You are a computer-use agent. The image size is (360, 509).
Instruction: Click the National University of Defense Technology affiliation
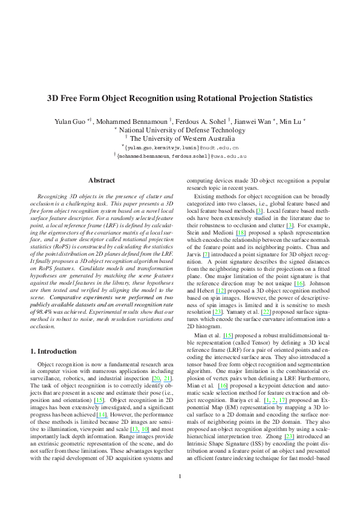pyautogui.click(x=180, y=129)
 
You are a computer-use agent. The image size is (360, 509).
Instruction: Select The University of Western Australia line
pyautogui.click(x=180, y=138)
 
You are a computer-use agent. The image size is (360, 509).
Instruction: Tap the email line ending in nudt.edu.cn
pyautogui.click(x=180, y=146)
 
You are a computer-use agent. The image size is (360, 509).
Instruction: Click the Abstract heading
pyautogui.click(x=99, y=180)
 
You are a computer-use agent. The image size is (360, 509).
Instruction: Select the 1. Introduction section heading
pyautogui.click(x=53, y=351)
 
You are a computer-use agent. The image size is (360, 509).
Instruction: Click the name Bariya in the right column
pyautogui.click(x=243, y=401)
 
